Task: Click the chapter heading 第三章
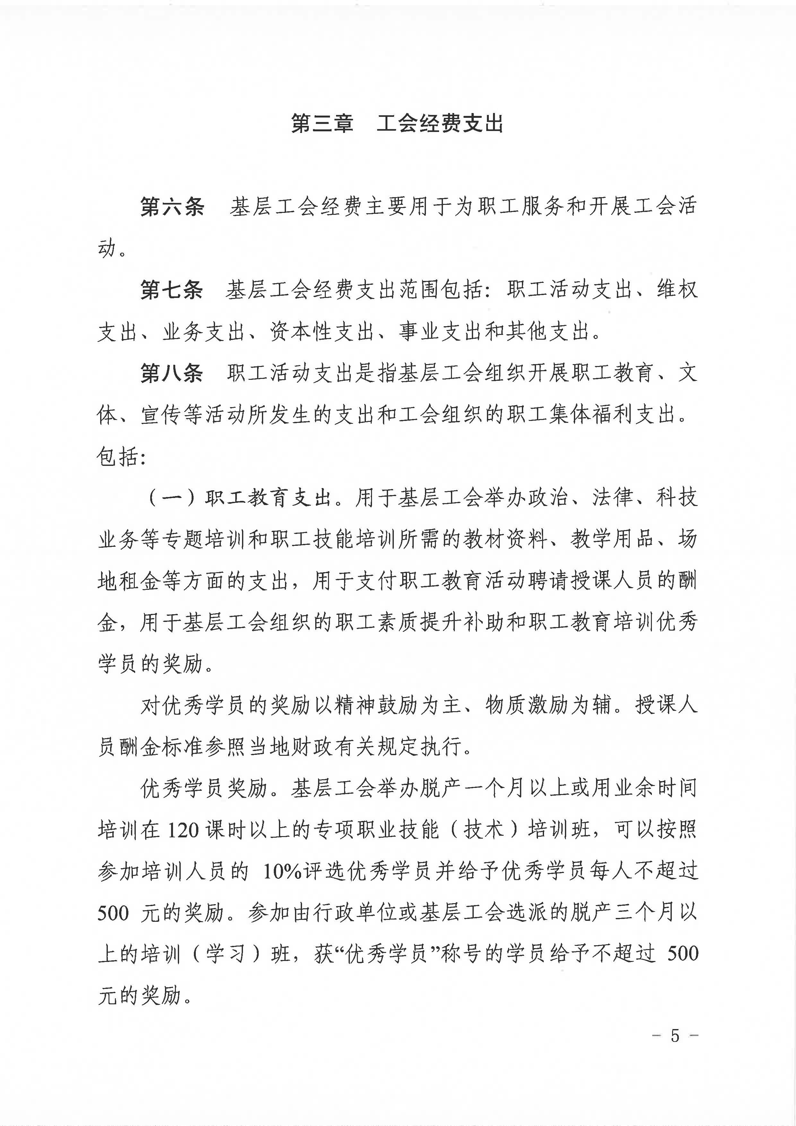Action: coord(322,124)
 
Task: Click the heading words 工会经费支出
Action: coord(440,124)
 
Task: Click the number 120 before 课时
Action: coord(182,830)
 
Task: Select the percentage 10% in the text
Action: coord(282,872)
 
